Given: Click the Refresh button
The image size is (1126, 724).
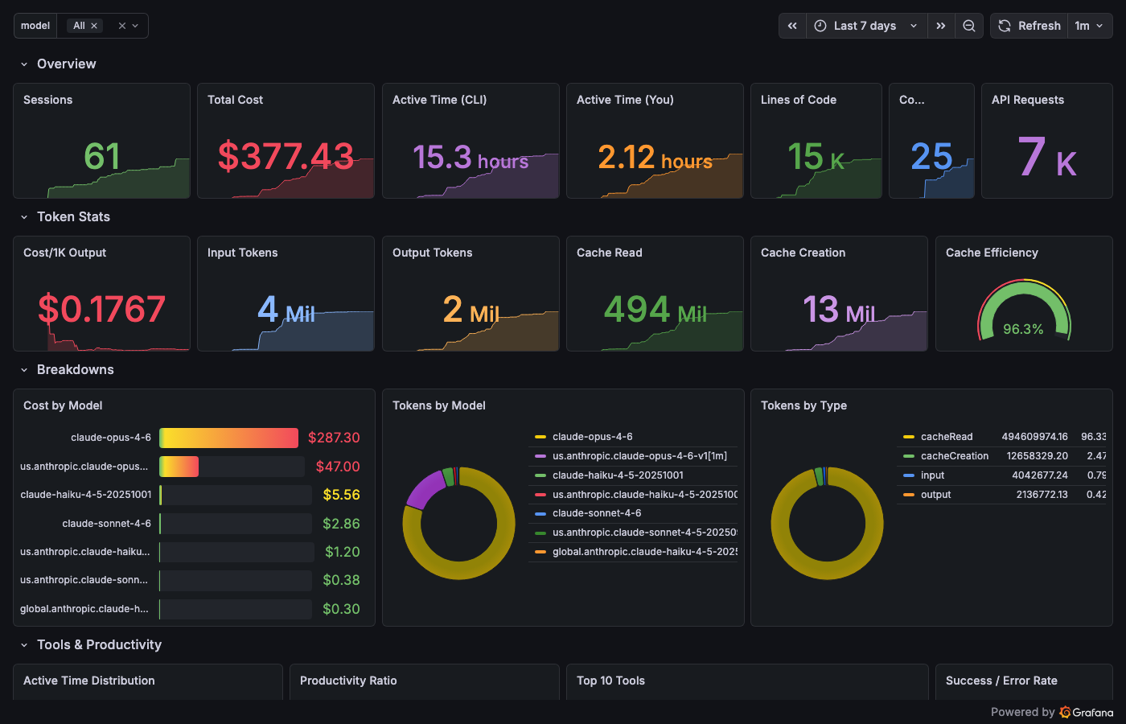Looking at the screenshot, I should [x=1029, y=26].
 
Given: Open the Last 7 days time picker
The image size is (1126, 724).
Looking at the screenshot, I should [x=865, y=26].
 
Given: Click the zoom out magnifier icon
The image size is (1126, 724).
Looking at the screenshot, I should [x=969, y=26].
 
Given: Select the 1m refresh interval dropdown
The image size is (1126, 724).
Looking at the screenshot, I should [x=1089, y=26].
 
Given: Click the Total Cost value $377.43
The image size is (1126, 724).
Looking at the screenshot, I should [x=286, y=156].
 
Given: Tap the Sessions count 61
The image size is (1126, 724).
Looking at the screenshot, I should [x=102, y=156].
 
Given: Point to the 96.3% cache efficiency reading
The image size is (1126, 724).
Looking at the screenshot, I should [x=1023, y=329].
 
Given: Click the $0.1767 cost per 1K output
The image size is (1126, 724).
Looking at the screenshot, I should [x=102, y=309].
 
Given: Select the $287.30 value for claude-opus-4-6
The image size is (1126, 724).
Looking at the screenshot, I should [x=334, y=438].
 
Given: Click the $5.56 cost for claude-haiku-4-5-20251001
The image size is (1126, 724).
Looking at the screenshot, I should [x=341, y=495].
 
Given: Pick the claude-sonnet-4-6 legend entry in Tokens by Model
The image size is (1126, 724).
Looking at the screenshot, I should [x=596, y=513].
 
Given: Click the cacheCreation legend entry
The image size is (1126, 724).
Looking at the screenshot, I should [x=954, y=456].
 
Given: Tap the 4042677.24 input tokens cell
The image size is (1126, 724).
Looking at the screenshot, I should [x=1039, y=475].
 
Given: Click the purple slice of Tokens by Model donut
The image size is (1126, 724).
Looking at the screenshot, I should [x=425, y=488].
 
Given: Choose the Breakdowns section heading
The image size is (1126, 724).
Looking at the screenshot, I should [x=75, y=370].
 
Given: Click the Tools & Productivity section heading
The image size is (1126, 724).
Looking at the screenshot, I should [x=99, y=645].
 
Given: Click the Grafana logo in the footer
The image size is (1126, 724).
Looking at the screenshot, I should [x=1087, y=712].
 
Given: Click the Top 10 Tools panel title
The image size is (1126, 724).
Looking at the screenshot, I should [x=610, y=681].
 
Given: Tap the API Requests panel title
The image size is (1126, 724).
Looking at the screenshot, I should [x=1027, y=100].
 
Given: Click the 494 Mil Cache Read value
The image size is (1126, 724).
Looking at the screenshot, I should [x=655, y=309].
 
